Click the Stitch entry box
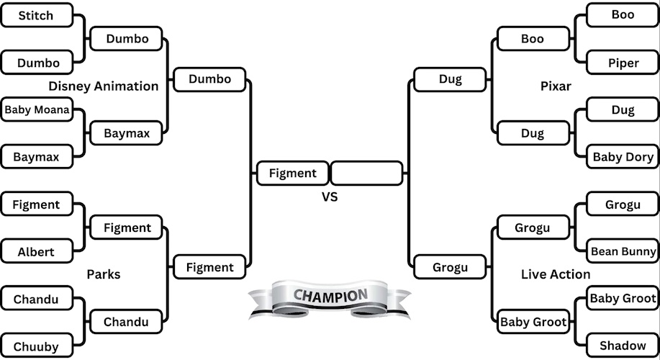point(37,15)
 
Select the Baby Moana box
point(37,110)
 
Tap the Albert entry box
point(37,252)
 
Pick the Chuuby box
point(37,346)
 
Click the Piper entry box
point(623,63)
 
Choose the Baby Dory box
point(623,157)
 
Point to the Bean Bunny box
point(623,251)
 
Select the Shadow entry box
point(623,346)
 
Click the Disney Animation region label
point(104,86)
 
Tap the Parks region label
point(104,274)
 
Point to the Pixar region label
point(555,86)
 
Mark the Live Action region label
point(555,274)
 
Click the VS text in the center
point(330,197)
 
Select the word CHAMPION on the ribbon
point(330,295)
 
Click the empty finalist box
point(366,173)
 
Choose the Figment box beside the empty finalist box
point(292,173)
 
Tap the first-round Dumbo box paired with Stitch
point(37,63)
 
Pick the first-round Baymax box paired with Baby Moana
point(37,156)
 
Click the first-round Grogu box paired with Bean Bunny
point(623,204)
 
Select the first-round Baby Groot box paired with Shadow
point(623,298)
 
